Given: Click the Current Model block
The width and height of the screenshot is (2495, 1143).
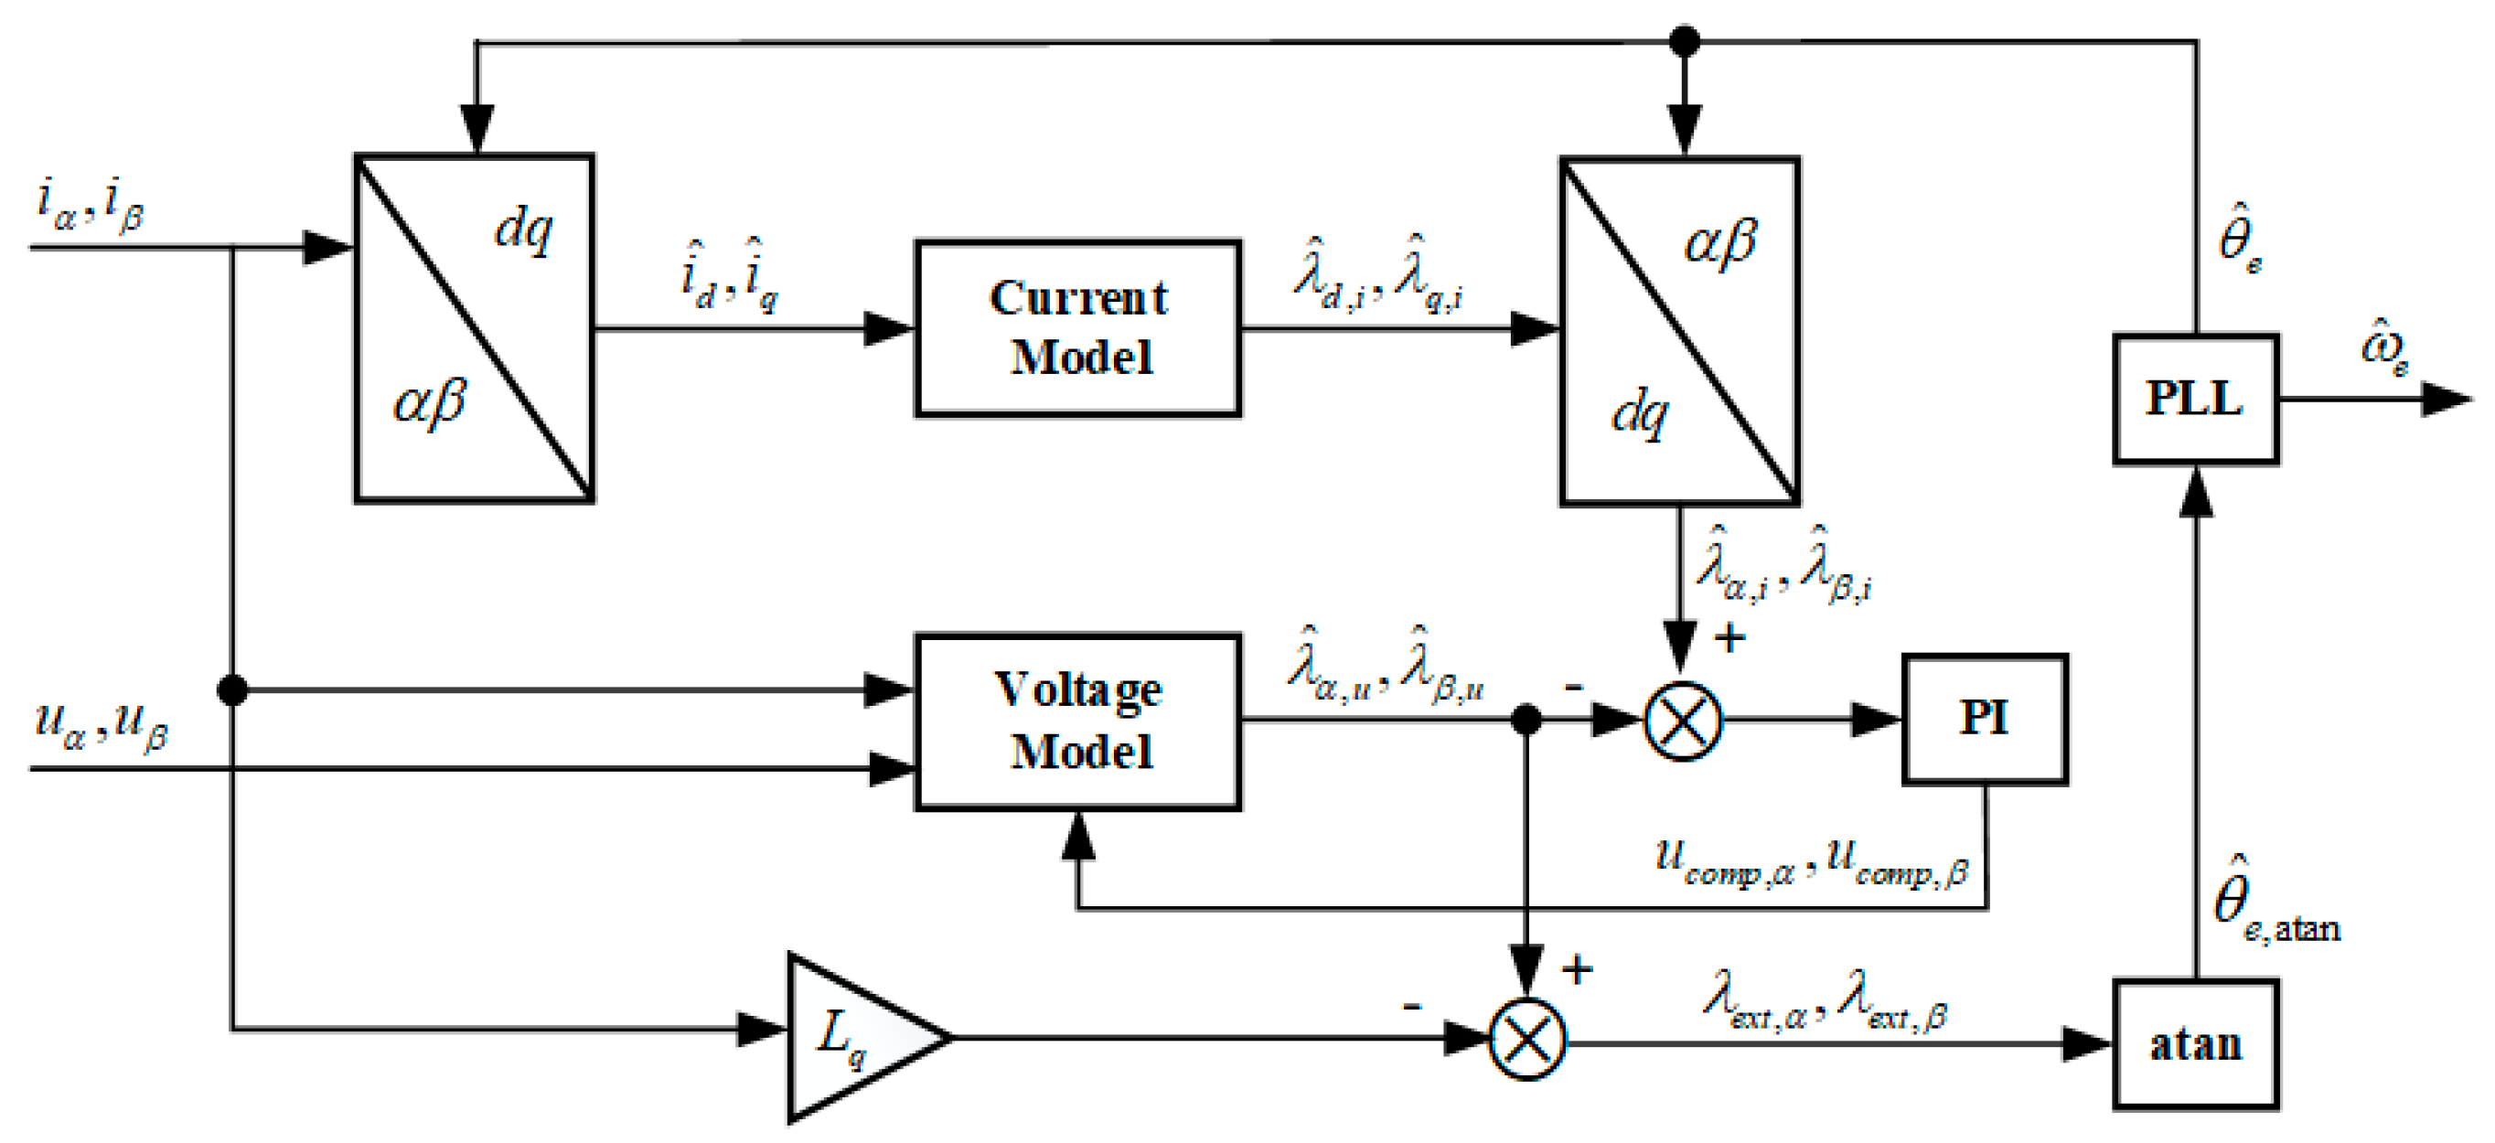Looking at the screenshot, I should click(1077, 328).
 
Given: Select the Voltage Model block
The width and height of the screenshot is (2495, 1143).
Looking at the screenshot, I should click(1077, 721).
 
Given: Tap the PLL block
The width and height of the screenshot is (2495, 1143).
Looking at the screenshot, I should click(2194, 399).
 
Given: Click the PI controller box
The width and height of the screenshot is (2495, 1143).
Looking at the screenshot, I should click(1984, 719).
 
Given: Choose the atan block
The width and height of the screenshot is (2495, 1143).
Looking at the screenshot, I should click(2194, 1044).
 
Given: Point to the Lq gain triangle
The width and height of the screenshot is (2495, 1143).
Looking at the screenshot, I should click(852, 1038).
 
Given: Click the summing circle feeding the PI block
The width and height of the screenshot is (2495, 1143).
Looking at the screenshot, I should click(1684, 721).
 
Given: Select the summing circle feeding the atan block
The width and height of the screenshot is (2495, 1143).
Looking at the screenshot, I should click(1526, 1040).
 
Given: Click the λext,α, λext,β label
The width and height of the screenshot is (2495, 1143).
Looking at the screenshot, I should click(1825, 999).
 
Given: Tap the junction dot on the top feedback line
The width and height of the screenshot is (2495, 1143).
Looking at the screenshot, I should click(1685, 42).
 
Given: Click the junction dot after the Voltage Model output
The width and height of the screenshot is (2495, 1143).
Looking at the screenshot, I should click(1526, 720).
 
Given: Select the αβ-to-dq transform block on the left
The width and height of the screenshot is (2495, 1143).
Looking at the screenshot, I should click(475, 328).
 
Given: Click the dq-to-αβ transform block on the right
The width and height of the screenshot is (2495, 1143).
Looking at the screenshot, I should click(1678, 331).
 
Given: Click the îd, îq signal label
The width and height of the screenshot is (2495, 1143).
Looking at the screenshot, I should click(728, 276).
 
